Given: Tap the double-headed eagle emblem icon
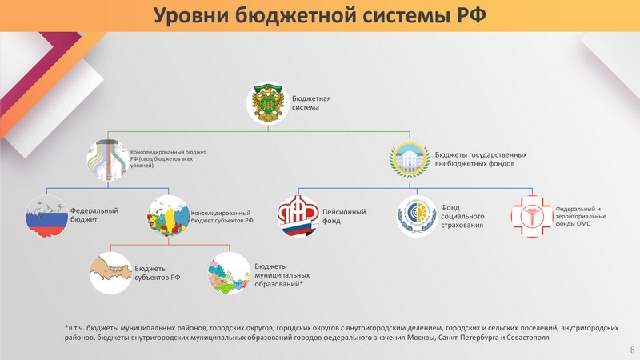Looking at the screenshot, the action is tap(268, 103).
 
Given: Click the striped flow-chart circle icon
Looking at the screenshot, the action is tap(108, 159).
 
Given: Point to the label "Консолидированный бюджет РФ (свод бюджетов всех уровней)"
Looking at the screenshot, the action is tap(168, 158).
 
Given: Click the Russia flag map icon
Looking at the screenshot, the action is tap(46, 216).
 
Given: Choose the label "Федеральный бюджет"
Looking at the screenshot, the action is tap(94, 215).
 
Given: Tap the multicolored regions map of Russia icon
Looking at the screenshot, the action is tap(169, 216).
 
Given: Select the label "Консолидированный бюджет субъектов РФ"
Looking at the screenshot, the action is tap(222, 217).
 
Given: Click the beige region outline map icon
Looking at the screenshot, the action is tap(110, 273).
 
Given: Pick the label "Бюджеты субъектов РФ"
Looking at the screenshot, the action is tap(158, 273).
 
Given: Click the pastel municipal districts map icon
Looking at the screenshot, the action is tap(229, 273).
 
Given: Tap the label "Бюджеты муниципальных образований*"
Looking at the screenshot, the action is tap(282, 275).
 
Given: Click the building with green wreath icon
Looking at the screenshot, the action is tap(410, 159).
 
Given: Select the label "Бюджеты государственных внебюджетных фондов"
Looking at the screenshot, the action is tap(481, 159).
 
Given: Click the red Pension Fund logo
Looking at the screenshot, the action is tap(298, 216).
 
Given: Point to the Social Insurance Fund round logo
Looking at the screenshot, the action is tap(417, 216).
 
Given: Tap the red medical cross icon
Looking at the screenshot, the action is tap(532, 216).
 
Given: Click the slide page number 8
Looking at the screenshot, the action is tap(632, 350).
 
